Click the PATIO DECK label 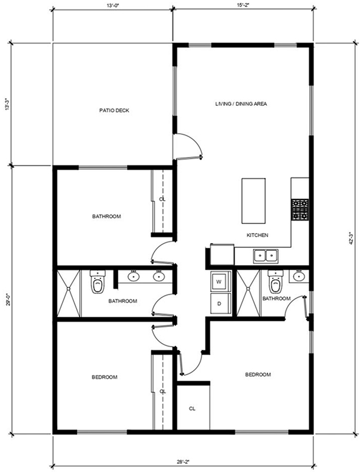coord(114,111)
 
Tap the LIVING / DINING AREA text coord(241,104)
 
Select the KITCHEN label coord(257,235)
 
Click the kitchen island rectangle coord(253,201)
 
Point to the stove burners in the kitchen coord(300,210)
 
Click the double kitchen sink coord(266,256)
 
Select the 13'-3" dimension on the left coord(7,104)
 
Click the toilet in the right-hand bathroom coord(275,282)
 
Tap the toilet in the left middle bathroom coord(98,282)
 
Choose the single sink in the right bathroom coord(299,277)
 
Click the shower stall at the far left coord(69,293)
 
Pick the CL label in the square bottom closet coord(192,409)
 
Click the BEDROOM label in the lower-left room coord(104,377)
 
